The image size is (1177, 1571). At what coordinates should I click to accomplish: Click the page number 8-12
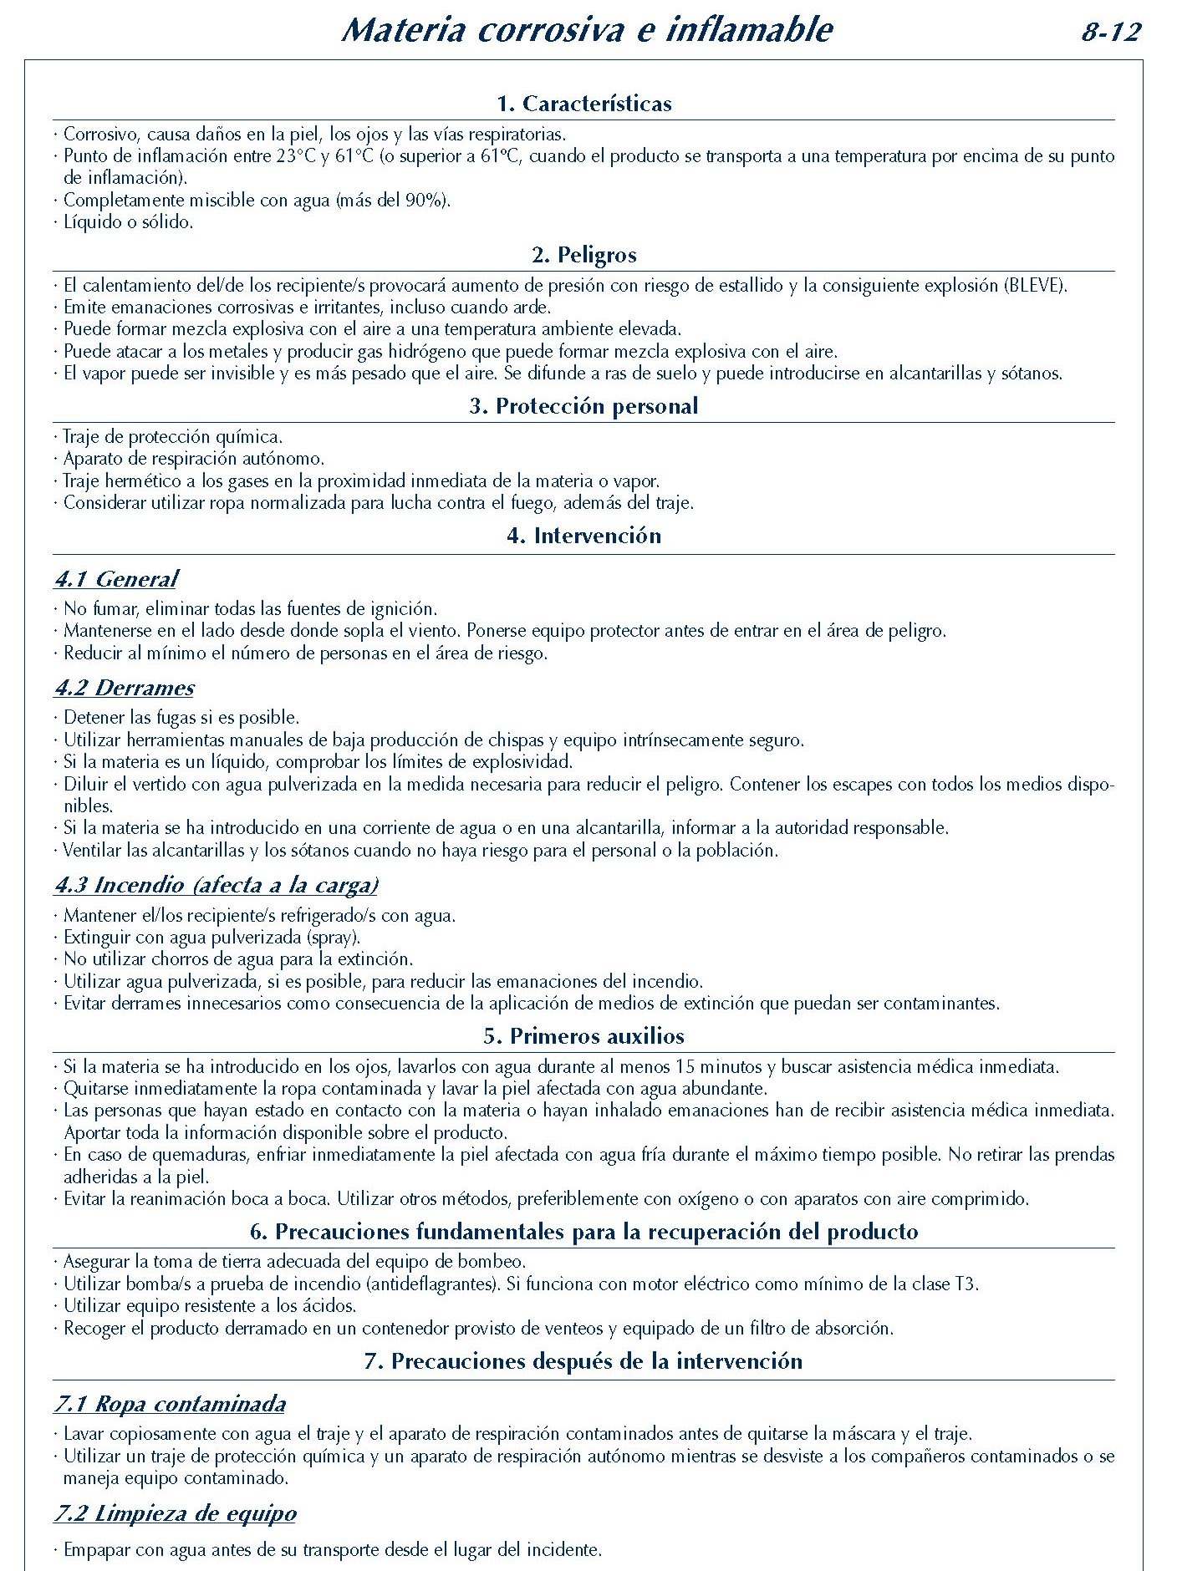tap(1111, 33)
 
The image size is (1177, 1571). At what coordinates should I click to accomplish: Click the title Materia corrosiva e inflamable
tap(587, 30)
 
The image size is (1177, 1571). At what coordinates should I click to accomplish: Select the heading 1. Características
tap(583, 104)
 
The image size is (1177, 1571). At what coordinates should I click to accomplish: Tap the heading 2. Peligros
tap(583, 255)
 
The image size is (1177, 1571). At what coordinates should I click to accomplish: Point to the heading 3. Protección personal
tap(583, 406)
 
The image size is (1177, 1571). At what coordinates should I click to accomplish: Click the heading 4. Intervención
tap(583, 536)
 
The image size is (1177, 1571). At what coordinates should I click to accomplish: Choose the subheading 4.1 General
tap(116, 579)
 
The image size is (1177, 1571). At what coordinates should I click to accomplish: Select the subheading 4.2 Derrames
tap(125, 688)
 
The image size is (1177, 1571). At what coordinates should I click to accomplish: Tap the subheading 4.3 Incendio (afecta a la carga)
tap(217, 885)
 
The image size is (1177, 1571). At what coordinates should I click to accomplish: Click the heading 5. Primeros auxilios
tap(583, 1036)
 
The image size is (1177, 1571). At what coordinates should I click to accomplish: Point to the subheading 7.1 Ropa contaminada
tap(170, 1404)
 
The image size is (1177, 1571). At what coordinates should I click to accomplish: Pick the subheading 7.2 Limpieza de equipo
tap(176, 1513)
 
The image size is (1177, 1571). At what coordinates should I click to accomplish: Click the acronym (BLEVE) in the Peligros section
tap(1034, 285)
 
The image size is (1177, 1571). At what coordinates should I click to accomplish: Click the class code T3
tap(966, 1284)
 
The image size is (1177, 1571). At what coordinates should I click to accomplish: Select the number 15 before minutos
tap(685, 1067)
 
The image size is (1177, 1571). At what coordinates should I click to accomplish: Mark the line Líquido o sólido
tap(128, 222)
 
